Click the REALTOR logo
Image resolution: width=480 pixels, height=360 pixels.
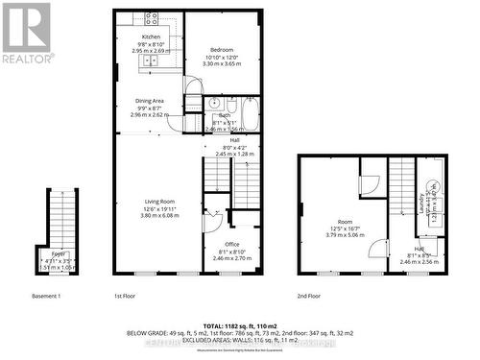pos(26,34)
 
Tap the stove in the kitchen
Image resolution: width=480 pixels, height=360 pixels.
pos(151,19)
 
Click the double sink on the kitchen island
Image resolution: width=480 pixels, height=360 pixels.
pos(152,60)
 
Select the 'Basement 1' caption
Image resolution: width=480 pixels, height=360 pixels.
pos(46,296)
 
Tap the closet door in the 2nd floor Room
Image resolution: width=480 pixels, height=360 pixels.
pos(369,183)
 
